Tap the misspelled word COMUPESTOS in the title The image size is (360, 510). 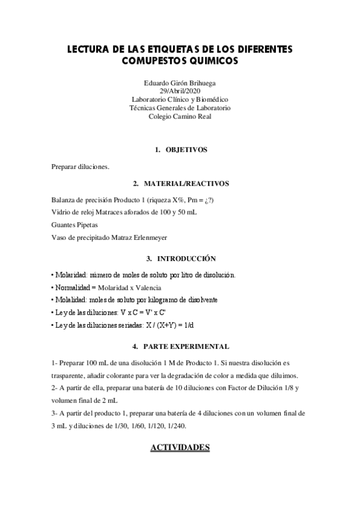[x=157, y=61]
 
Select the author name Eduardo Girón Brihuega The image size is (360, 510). [x=180, y=82]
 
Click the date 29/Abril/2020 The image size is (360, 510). [x=180, y=91]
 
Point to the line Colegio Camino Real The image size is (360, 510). [x=180, y=116]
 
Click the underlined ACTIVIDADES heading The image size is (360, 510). [x=180, y=447]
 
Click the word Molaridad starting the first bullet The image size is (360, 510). [x=71, y=275]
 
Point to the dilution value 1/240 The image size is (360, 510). [x=178, y=426]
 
